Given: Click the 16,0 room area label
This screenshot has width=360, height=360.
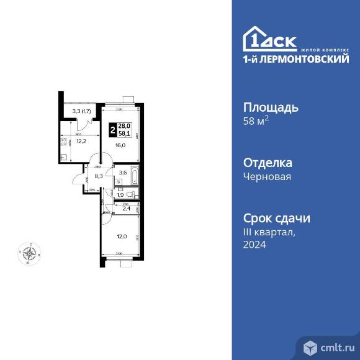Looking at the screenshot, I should click(x=120, y=145).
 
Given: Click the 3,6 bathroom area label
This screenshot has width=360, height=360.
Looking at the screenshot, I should click(x=123, y=173).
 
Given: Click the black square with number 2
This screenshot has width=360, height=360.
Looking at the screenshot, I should click(x=112, y=130).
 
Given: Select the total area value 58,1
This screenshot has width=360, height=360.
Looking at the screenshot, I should click(x=125, y=133).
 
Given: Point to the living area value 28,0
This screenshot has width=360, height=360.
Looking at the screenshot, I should click(x=125, y=127).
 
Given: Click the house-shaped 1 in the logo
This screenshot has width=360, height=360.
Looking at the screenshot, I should click(x=254, y=38).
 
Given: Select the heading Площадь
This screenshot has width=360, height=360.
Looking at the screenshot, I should click(x=271, y=107).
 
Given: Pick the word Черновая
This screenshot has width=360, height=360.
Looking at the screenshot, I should click(x=267, y=176).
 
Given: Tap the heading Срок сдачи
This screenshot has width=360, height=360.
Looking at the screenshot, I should click(x=276, y=218).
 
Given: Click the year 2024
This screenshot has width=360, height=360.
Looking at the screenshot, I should click(x=254, y=245).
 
